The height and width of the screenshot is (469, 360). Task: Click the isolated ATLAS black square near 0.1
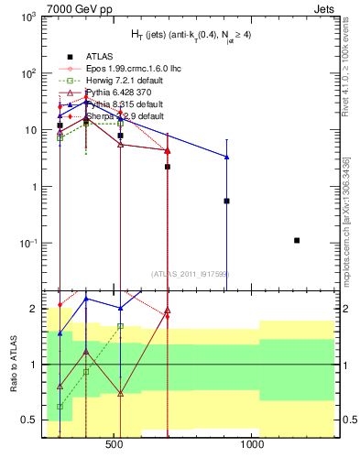tap(297, 240)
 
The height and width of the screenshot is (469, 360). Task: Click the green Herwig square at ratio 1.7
tap(120, 326)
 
